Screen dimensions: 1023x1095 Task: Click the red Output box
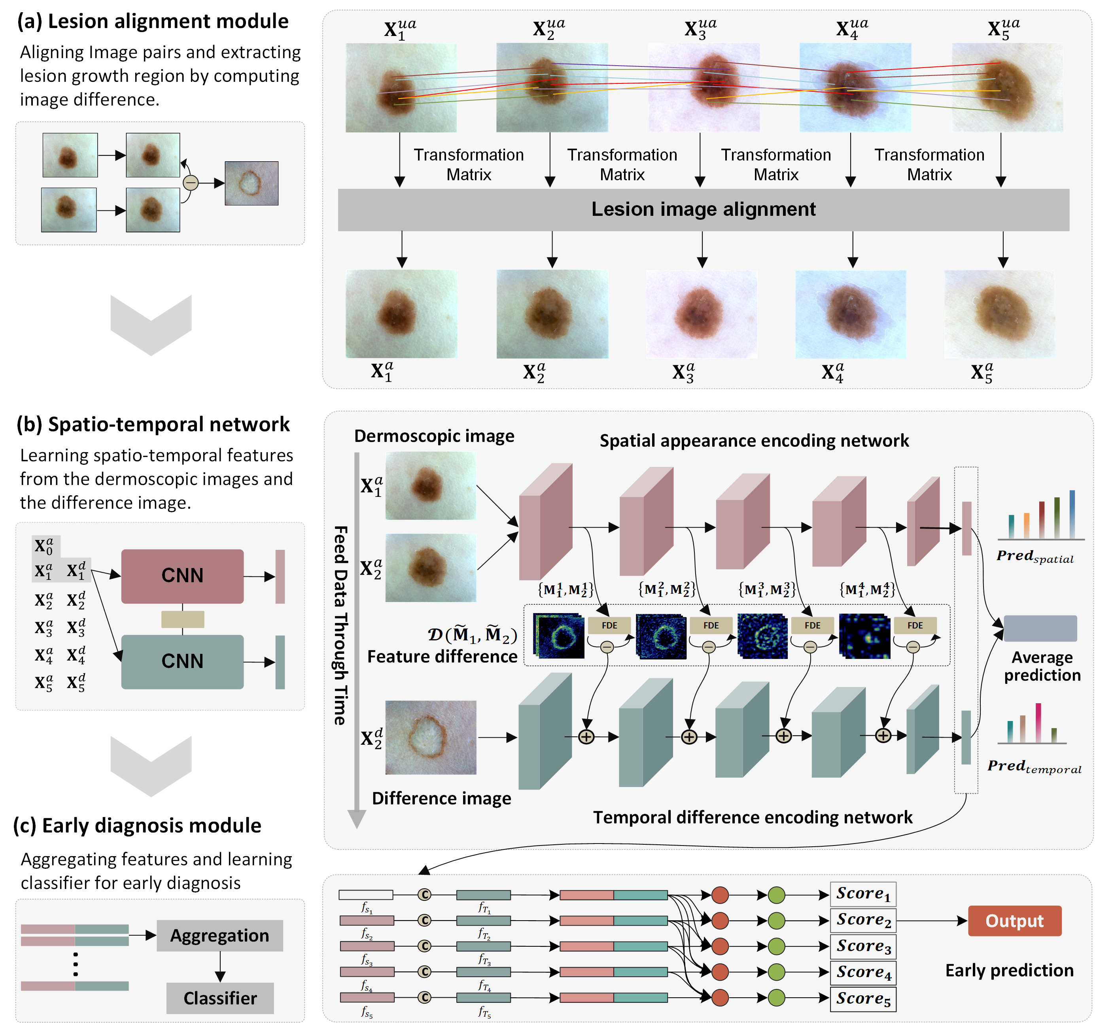tap(1014, 921)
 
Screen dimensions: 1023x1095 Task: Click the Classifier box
tap(220, 998)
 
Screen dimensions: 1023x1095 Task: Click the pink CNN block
tap(182, 576)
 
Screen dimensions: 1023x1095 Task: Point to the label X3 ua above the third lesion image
tap(700, 28)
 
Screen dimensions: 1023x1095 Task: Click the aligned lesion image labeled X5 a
tap(999, 314)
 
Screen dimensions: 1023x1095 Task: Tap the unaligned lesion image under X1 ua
tap(401, 87)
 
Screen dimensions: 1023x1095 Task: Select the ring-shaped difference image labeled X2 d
tap(431, 737)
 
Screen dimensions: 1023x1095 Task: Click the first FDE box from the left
tap(609, 625)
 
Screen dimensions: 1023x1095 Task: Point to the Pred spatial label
tap(1034, 557)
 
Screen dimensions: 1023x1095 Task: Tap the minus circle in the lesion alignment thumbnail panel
tap(191, 182)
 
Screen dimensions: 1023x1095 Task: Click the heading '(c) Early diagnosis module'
tap(137, 825)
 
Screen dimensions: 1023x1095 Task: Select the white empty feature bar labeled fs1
tap(366, 895)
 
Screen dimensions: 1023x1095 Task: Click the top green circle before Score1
tap(776, 895)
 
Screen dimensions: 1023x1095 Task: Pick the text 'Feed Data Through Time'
tap(341, 625)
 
